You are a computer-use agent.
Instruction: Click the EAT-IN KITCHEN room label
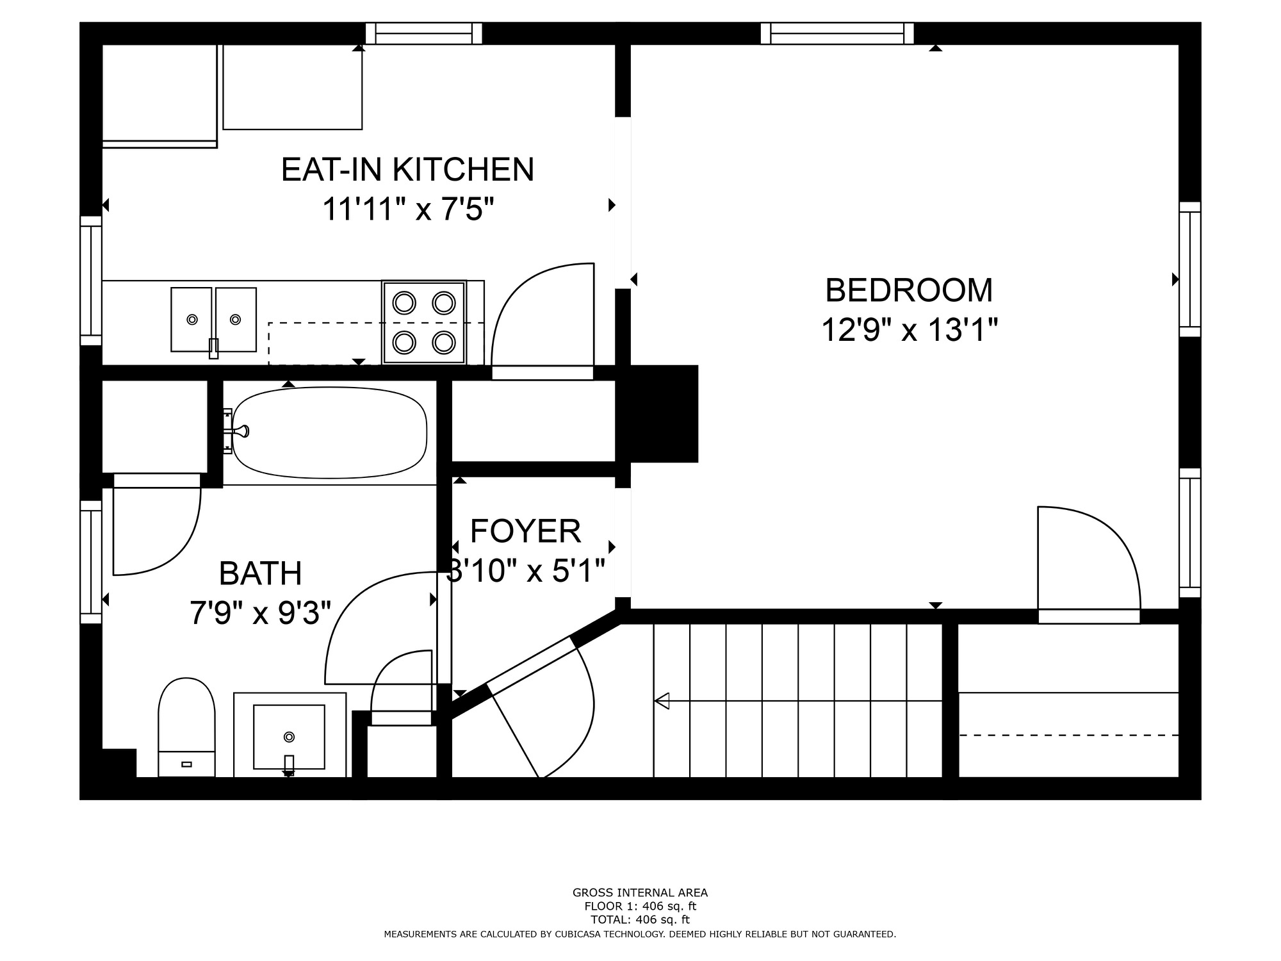point(407,170)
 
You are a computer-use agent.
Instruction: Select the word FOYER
point(525,531)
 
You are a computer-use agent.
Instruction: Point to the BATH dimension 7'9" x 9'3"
point(260,613)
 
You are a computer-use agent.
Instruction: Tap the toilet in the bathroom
point(186,727)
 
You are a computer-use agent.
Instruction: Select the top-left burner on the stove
point(404,302)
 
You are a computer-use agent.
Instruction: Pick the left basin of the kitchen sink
point(192,319)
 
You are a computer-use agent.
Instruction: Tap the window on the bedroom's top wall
point(837,33)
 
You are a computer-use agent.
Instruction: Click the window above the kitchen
point(423,33)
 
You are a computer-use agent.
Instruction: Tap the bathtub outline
point(330,432)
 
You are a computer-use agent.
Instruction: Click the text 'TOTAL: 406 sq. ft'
point(640,920)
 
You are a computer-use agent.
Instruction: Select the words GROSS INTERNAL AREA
point(640,892)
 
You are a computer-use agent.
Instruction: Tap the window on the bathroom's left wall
point(91,562)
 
